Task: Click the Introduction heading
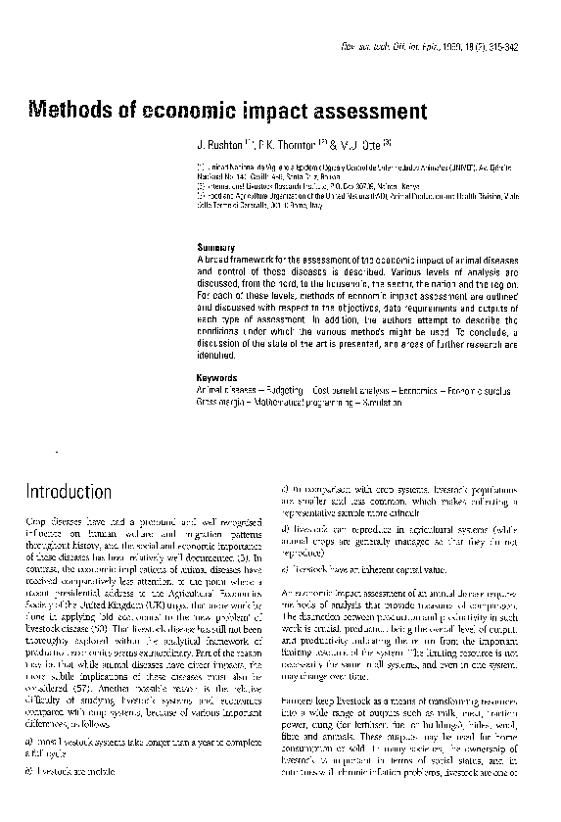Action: (x=69, y=489)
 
